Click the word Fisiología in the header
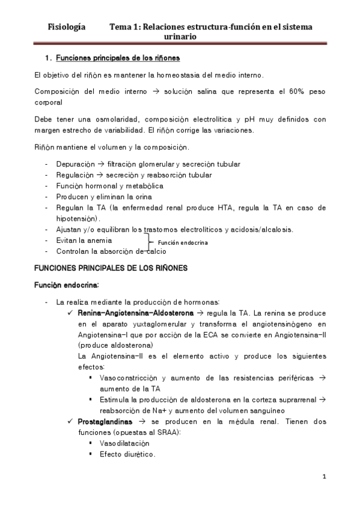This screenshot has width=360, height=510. [66, 27]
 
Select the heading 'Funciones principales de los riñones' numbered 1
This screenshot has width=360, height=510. [117, 58]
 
